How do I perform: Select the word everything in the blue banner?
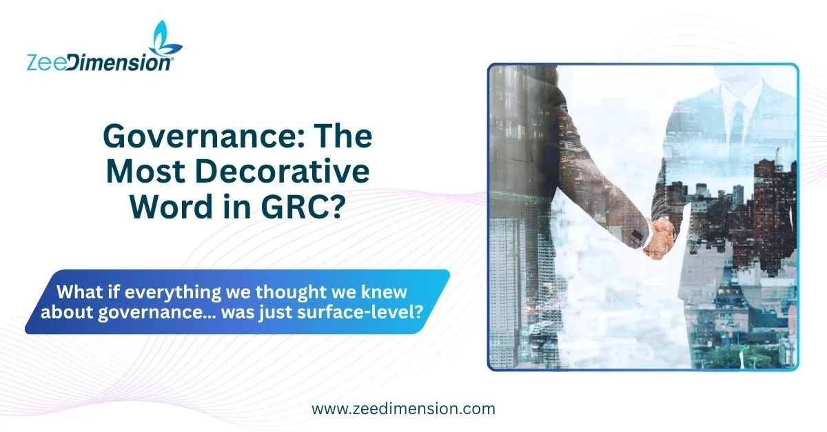pos(173,293)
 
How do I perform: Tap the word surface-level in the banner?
pos(360,312)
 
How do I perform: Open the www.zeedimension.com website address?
pos(403,409)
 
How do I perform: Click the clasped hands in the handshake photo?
pos(660,238)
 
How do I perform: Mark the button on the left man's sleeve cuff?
pos(635,234)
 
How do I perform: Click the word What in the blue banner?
pos(79,291)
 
